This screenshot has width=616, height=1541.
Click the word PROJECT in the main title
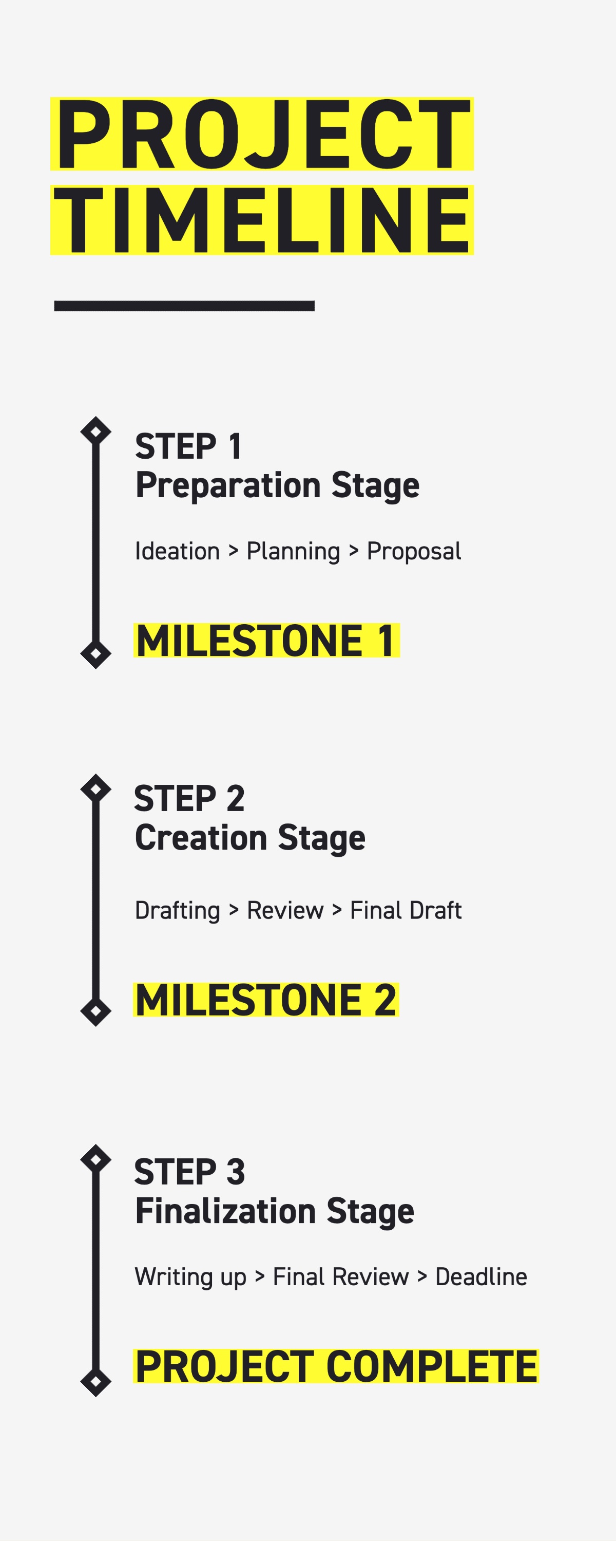[262, 134]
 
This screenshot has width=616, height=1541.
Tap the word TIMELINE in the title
[262, 220]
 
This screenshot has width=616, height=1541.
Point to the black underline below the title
[184, 306]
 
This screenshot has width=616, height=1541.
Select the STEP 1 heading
[188, 446]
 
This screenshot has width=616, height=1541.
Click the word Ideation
[178, 551]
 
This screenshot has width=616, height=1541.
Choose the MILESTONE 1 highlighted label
[266, 641]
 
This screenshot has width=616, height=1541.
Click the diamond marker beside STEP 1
[95, 431]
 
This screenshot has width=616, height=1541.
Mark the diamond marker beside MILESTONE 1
[95, 654]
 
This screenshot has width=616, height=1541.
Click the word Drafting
[178, 911]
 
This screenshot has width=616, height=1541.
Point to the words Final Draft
[406, 911]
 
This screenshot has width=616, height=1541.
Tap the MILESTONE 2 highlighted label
[265, 1000]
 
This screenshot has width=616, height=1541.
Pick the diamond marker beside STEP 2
[95, 788]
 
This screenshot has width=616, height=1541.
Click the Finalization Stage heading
[275, 1211]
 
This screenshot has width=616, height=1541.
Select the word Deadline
[482, 1276]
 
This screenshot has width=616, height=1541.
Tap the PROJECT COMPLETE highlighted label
[336, 1366]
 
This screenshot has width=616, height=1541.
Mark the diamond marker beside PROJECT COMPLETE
[95, 1382]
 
